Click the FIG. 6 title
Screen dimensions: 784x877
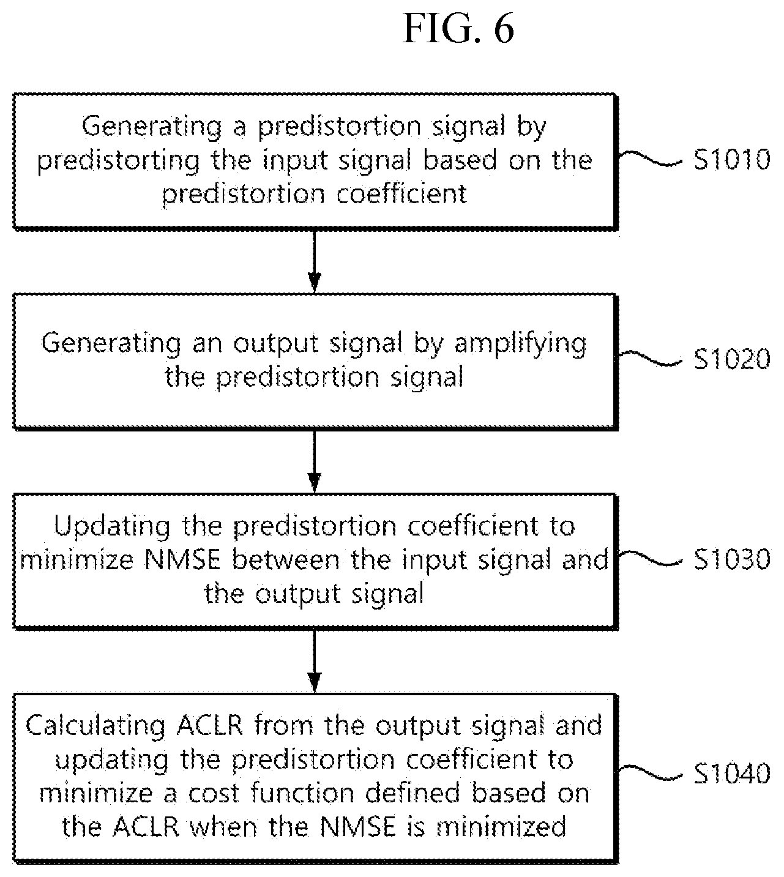(458, 29)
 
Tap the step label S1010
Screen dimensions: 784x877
(732, 159)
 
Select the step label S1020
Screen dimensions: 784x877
(732, 359)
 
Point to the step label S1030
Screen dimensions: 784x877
(732, 559)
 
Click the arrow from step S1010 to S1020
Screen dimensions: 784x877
(315, 261)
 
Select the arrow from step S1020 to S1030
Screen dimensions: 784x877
(315, 461)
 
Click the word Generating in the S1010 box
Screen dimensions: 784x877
(152, 127)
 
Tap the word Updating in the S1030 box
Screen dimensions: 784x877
(111, 527)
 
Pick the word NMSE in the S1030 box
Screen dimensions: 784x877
(182, 560)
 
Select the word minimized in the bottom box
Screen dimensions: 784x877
(501, 827)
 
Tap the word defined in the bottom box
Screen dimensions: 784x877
(413, 793)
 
